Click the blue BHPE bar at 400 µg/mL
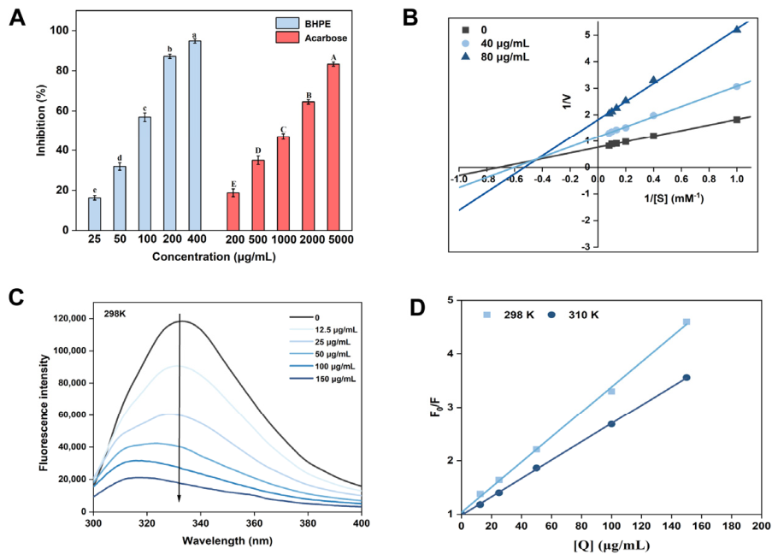tap(195, 135)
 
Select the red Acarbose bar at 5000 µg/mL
tap(333, 147)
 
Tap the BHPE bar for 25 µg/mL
tap(95, 214)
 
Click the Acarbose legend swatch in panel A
tap(287, 38)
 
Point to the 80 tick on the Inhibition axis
tap(62, 70)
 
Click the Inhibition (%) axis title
tap(41, 121)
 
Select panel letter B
tap(410, 18)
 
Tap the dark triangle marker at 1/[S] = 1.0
tap(737, 29)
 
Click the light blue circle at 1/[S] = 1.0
tap(737, 86)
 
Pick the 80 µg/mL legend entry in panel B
tap(496, 57)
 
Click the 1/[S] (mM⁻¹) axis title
tap(674, 198)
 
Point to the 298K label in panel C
tap(115, 314)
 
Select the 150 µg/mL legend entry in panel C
tap(322, 379)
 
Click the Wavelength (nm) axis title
tap(227, 540)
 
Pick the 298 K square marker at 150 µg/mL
tap(687, 322)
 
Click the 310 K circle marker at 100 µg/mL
tap(611, 423)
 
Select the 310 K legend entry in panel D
tap(573, 315)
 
